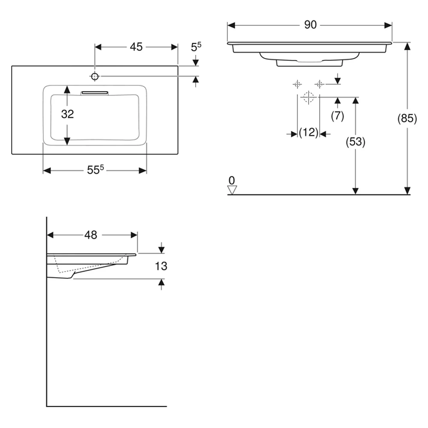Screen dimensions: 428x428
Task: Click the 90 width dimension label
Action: (x=310, y=25)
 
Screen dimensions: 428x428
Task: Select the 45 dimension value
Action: (x=136, y=47)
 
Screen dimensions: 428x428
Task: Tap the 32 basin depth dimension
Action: (x=68, y=114)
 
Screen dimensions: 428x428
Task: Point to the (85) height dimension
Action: (x=407, y=119)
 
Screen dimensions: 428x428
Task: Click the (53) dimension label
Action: (x=355, y=142)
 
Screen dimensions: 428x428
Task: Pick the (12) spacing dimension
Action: (x=309, y=132)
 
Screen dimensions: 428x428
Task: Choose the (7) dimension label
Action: (x=337, y=116)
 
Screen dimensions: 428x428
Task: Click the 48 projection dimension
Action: (x=91, y=235)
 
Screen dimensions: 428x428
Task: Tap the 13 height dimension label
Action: (x=161, y=266)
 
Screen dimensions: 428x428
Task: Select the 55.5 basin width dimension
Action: (x=95, y=170)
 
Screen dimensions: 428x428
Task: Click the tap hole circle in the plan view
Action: (x=95, y=77)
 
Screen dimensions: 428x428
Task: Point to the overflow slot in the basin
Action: (x=95, y=93)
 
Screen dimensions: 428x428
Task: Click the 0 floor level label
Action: (x=232, y=181)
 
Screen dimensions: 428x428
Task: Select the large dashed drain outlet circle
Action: (x=309, y=97)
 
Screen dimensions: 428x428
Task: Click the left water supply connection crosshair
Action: (x=297, y=84)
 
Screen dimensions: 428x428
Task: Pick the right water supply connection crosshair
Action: (x=319, y=84)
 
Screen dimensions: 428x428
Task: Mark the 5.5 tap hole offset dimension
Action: (x=196, y=47)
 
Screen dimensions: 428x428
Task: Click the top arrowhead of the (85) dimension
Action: (x=407, y=46)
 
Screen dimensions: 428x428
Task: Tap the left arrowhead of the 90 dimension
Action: (x=231, y=25)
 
